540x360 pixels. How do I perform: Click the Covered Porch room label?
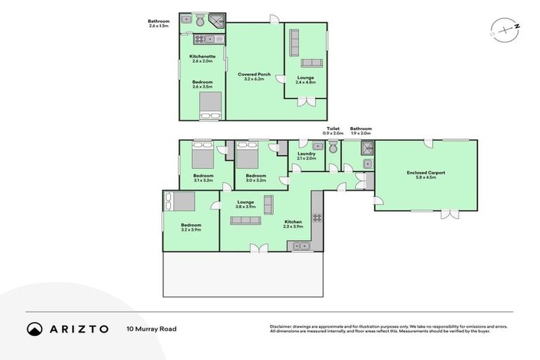(254, 74)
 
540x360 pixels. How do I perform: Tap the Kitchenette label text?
(202, 56)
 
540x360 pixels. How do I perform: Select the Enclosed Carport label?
(426, 172)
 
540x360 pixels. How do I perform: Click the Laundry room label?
(307, 153)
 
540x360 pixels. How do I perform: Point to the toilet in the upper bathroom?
(200, 20)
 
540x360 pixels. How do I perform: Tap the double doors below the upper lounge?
(306, 102)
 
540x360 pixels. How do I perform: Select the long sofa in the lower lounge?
(245, 220)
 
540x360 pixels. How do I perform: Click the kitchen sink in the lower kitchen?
(302, 245)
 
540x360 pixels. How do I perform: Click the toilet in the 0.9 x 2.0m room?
(333, 147)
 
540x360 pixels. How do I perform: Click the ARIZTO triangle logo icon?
(34, 329)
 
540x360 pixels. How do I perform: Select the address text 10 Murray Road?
(151, 329)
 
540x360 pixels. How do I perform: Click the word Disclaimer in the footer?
(282, 326)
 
